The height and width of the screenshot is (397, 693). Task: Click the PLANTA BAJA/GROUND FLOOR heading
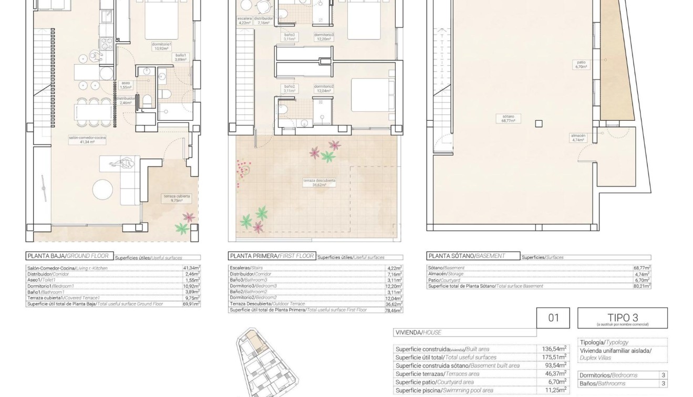(x=67, y=256)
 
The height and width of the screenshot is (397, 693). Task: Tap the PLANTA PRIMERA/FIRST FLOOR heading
(x=271, y=256)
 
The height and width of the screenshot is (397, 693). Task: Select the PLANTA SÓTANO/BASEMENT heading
(x=467, y=256)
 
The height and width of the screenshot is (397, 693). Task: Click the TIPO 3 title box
(x=623, y=318)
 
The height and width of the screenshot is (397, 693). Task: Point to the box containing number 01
(x=554, y=318)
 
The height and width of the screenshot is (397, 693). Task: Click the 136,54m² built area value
(x=554, y=349)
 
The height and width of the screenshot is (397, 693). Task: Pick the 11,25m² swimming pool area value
(x=554, y=390)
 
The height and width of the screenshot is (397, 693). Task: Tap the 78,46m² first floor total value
(x=394, y=310)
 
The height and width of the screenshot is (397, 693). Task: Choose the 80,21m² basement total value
(x=642, y=286)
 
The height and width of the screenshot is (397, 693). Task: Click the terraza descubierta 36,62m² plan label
(x=319, y=183)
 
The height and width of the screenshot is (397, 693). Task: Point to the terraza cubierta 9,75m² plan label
(x=177, y=198)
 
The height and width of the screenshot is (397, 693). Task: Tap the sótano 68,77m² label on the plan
(x=507, y=118)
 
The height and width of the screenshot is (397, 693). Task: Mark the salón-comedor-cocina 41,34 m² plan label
(x=87, y=139)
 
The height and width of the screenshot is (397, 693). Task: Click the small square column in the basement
(x=539, y=124)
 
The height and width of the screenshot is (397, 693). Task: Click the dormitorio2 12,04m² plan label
(x=324, y=88)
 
